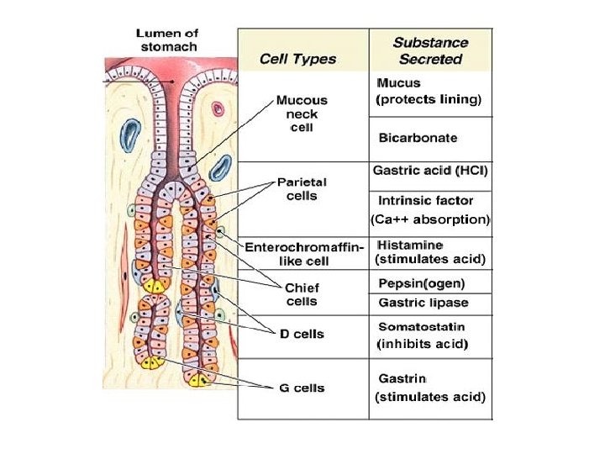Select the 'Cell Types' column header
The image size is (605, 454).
tap(297, 59)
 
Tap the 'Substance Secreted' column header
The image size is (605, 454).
tap(431, 50)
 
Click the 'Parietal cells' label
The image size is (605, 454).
tap(302, 188)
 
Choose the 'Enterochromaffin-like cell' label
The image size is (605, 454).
tap(304, 254)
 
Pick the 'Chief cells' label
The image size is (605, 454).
tap(302, 294)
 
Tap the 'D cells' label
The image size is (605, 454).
tap(302, 334)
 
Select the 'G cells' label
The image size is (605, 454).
tap(302, 388)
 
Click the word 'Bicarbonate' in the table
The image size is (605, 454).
tap(418, 137)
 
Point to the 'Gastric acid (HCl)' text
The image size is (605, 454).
tap(430, 171)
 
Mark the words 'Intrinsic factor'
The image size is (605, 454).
tap(425, 201)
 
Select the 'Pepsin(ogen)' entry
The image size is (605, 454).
tap(421, 282)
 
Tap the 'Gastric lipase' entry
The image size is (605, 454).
tap(423, 303)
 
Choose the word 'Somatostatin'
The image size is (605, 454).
tap(421, 326)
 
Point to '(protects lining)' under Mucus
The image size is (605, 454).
tap(429, 100)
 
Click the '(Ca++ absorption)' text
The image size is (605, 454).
tap(430, 220)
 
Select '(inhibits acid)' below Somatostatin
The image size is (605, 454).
tap(422, 344)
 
